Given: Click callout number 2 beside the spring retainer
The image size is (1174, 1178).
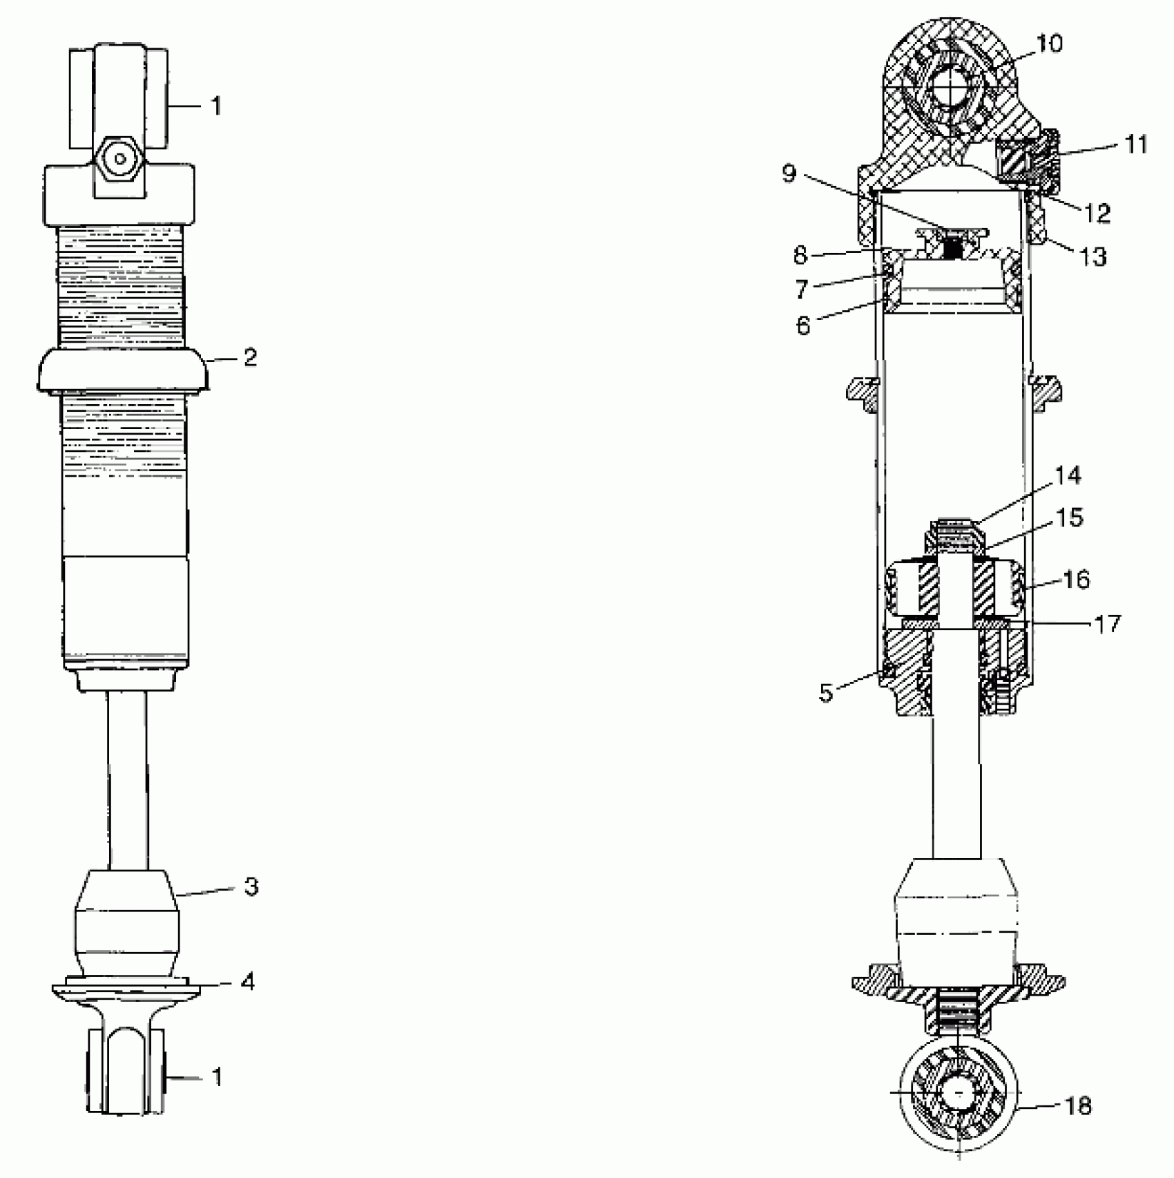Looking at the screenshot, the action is (250, 358).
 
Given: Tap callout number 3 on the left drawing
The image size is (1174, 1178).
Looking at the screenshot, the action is (251, 886).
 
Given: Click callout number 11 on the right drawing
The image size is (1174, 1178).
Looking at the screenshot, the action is (1135, 145).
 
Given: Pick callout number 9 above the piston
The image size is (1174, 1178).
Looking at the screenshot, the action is (789, 173).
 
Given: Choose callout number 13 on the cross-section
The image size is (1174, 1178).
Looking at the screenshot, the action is (1092, 257).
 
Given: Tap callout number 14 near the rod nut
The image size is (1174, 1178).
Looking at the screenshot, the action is (1068, 476).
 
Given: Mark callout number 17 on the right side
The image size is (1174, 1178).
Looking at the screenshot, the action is (1108, 625).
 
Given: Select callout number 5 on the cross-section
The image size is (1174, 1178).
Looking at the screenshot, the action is (827, 694).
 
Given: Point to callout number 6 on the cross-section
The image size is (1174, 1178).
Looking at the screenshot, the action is (803, 325).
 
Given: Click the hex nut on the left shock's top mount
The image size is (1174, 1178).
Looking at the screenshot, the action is (121, 160).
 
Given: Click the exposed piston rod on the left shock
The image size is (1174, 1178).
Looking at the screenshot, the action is (127, 781).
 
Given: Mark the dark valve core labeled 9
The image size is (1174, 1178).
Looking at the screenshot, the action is (954, 246).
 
